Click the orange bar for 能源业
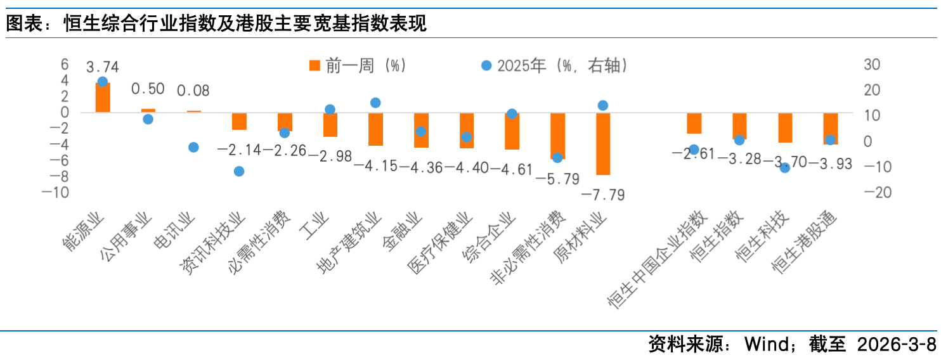click(x=103, y=98)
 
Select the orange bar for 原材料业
click(x=603, y=144)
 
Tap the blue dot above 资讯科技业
click(x=239, y=171)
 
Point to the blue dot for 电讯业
click(x=193, y=147)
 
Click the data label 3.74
click(x=103, y=67)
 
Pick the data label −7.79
click(x=603, y=194)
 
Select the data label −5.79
click(x=557, y=179)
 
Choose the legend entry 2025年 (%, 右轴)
click(x=555, y=65)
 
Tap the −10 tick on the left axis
click(x=55, y=193)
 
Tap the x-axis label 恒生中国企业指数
click(x=657, y=260)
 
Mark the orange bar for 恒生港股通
click(x=831, y=129)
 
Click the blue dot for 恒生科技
click(x=785, y=168)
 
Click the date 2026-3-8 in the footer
click(x=896, y=345)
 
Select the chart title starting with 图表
click(x=216, y=23)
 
